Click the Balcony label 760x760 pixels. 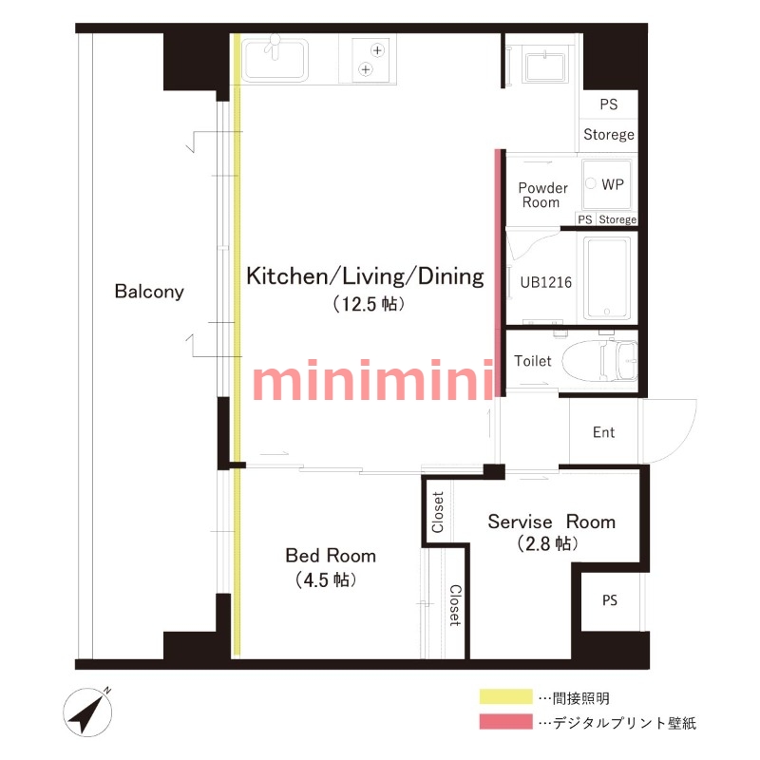pyautogui.click(x=149, y=292)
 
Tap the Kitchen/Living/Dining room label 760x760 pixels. pyautogui.click(x=365, y=276)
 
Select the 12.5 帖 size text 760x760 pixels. pyautogui.click(x=369, y=304)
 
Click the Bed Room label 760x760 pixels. pyautogui.click(x=331, y=556)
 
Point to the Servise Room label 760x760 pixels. pyautogui.click(x=552, y=522)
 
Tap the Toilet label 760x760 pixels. pyautogui.click(x=532, y=361)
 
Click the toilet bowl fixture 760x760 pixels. pyautogui.click(x=600, y=360)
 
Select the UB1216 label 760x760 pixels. pyautogui.click(x=545, y=282)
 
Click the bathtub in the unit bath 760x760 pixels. pyautogui.click(x=607, y=277)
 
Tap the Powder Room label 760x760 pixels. pyautogui.click(x=542, y=195)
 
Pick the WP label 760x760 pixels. pyautogui.click(x=613, y=184)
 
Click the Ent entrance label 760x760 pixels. pyautogui.click(x=603, y=432)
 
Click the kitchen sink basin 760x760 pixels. pyautogui.click(x=275, y=60)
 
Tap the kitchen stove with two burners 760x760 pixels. pyautogui.click(x=370, y=60)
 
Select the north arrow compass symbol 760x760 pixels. pyautogui.click(x=87, y=712)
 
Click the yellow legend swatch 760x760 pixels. pyautogui.click(x=506, y=696)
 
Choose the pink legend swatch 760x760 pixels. pyautogui.click(x=506, y=721)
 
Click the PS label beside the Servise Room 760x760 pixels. pyautogui.click(x=610, y=600)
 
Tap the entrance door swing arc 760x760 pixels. pyautogui.click(x=684, y=439)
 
